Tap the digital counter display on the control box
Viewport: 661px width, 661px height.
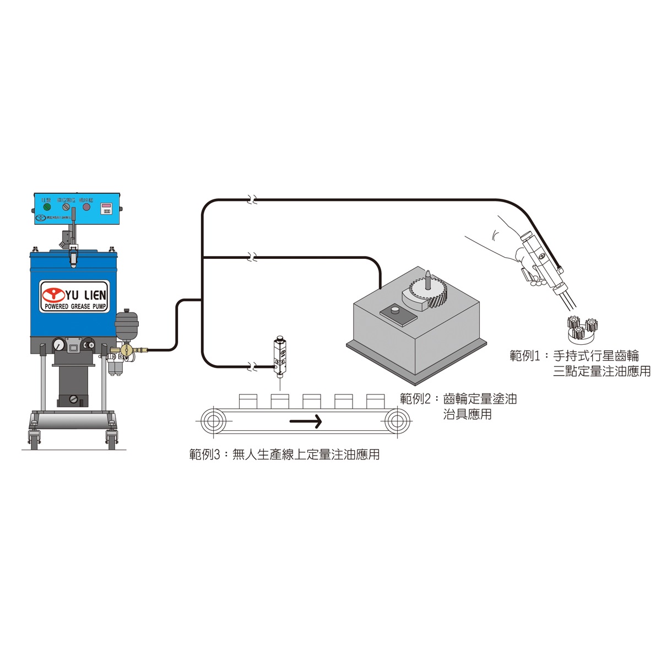(x=106, y=208)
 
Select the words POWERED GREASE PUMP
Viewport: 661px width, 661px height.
(x=76, y=306)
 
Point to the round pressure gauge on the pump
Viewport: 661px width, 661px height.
(x=58, y=345)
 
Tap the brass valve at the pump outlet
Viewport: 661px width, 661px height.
(x=127, y=349)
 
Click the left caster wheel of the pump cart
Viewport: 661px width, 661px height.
(x=34, y=440)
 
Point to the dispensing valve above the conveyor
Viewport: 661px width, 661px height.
(x=280, y=356)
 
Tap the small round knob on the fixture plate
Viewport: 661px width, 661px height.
(x=394, y=311)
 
